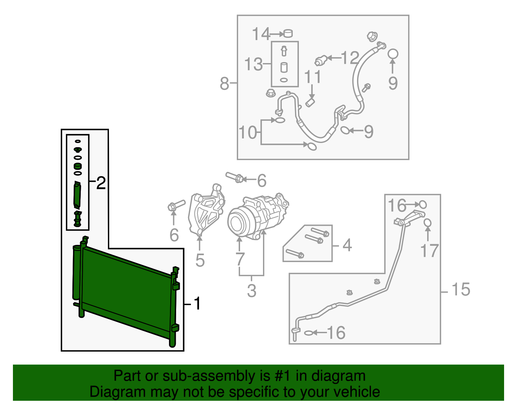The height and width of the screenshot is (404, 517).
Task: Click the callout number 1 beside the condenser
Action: tap(197, 304)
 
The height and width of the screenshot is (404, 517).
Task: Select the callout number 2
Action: tap(101, 183)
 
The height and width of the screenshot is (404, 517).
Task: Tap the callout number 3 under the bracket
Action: tap(251, 290)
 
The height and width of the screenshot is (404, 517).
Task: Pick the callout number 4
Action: tap(347, 245)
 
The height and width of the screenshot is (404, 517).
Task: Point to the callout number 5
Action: tap(200, 260)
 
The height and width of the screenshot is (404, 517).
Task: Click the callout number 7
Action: tap(240, 259)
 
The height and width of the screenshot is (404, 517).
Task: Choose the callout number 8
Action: tap(224, 83)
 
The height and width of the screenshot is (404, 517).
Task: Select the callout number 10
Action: tap(248, 133)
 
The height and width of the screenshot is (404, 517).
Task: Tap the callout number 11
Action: tap(312, 77)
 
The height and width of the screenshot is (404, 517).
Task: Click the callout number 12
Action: tap(350, 58)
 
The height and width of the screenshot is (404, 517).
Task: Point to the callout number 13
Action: tap(253, 64)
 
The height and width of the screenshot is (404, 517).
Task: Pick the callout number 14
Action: tap(260, 34)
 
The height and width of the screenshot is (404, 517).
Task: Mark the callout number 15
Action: tap(461, 289)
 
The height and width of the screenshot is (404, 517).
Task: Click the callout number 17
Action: tap(429, 251)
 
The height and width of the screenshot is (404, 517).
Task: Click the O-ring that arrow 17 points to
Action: tap(427, 223)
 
